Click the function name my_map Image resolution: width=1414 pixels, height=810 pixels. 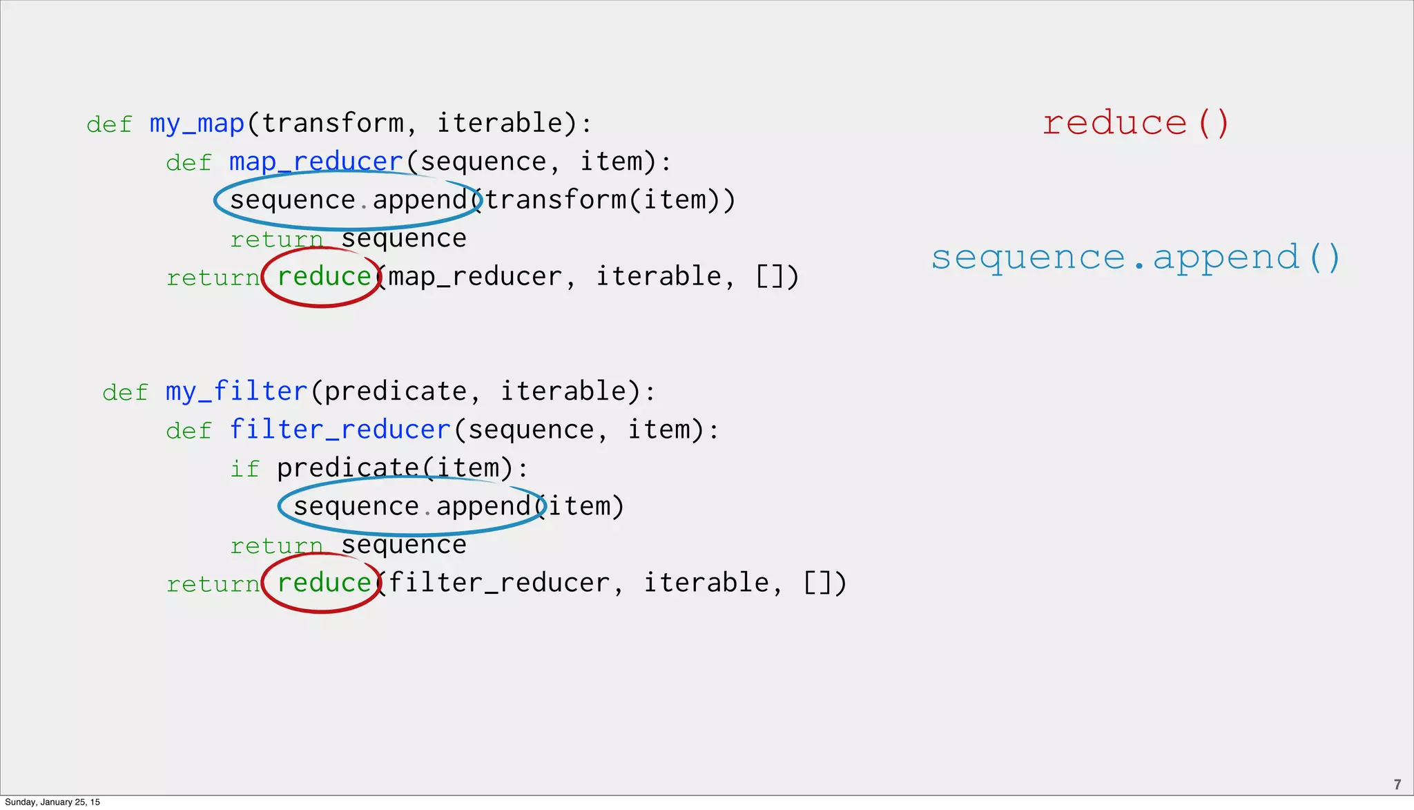tap(197, 124)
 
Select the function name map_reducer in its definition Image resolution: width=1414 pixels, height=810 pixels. tap(316, 162)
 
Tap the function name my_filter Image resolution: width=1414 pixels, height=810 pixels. tap(236, 392)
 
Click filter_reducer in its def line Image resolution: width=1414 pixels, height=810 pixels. tap(340, 430)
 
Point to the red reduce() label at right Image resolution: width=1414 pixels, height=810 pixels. tap(1135, 124)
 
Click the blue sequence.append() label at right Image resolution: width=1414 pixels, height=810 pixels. tap(1135, 258)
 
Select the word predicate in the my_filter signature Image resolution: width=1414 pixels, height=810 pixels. tap(396, 392)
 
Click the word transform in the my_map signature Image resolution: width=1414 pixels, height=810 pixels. tap(332, 124)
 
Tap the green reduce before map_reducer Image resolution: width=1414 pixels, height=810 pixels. tap(324, 277)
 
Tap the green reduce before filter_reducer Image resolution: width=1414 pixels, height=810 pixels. tap(324, 583)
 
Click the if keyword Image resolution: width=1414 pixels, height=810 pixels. tap(244, 469)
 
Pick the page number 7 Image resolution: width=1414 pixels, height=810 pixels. tap(1397, 784)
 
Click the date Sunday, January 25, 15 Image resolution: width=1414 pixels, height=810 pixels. tap(52, 802)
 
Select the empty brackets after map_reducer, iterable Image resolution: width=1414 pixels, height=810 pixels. tap(769, 277)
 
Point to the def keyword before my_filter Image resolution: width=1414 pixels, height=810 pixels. tap(125, 392)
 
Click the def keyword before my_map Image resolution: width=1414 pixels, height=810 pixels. tap(109, 125)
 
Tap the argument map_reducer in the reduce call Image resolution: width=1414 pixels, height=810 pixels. tap(475, 277)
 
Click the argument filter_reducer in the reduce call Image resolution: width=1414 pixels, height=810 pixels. tap(499, 583)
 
